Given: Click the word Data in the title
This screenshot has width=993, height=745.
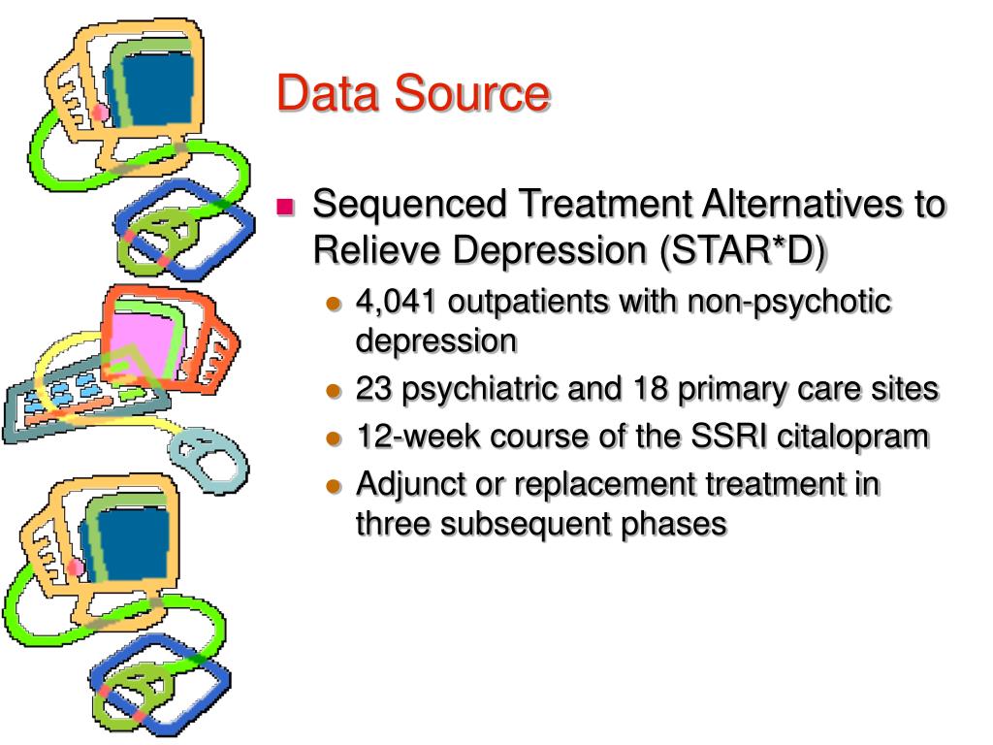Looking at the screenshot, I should [325, 94].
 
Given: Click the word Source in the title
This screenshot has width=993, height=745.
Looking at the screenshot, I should [467, 94].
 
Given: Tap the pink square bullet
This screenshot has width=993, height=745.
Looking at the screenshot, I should [285, 206].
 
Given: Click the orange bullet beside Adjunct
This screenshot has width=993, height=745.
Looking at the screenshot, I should [334, 484].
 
